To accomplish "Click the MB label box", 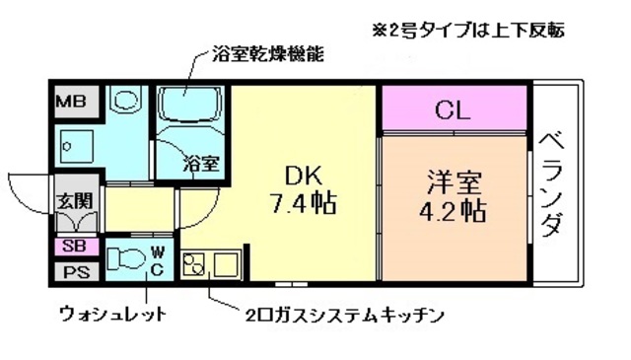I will pos(70,101).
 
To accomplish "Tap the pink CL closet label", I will pos(453,108).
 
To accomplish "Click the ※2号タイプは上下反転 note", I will pos(467,30).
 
